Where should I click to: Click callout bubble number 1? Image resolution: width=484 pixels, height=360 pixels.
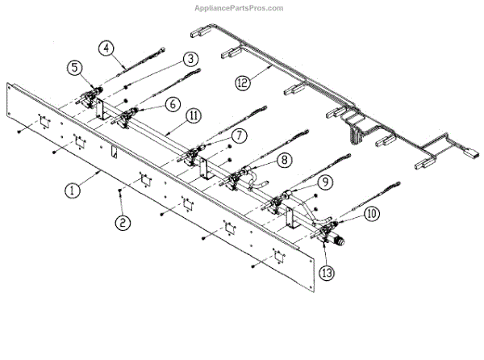72,191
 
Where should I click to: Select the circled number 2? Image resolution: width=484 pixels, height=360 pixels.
122,222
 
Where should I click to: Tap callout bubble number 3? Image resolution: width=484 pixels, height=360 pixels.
190,59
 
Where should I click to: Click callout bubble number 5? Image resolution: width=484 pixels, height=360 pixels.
74,69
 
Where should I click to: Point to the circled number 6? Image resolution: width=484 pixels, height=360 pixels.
173,104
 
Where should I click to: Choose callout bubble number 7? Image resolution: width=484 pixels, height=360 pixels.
240,135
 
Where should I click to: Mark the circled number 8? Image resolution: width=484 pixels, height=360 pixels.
284,161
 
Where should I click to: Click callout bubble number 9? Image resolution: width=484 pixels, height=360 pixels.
323,183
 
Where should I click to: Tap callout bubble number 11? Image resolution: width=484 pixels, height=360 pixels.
194,116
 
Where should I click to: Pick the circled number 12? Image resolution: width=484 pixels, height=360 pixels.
242,82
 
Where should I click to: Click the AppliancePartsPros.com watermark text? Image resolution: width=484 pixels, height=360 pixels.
240,8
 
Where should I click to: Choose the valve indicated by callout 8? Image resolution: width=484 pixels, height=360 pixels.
237,175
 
